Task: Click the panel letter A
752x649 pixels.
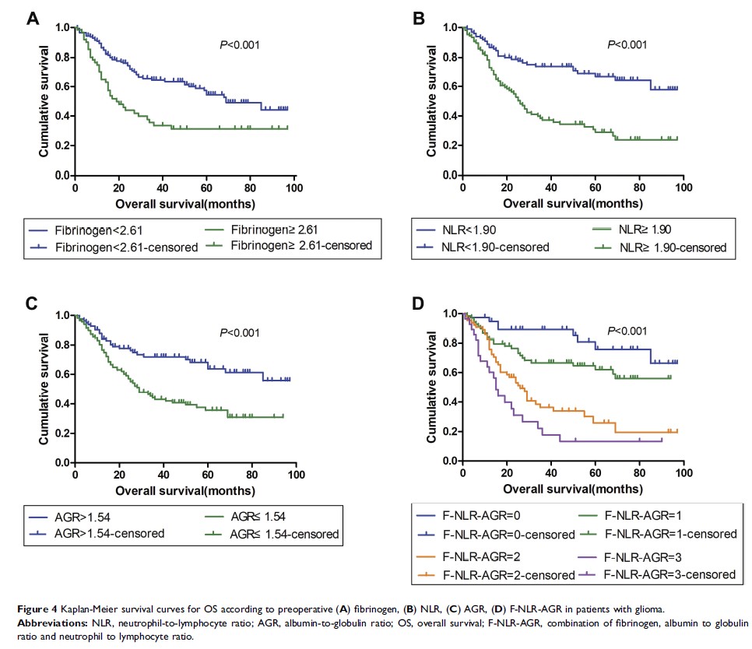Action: pyautogui.click(x=33, y=19)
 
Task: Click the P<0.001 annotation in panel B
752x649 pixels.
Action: pyautogui.click(x=627, y=44)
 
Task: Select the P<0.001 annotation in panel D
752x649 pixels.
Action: pyautogui.click(x=627, y=329)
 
